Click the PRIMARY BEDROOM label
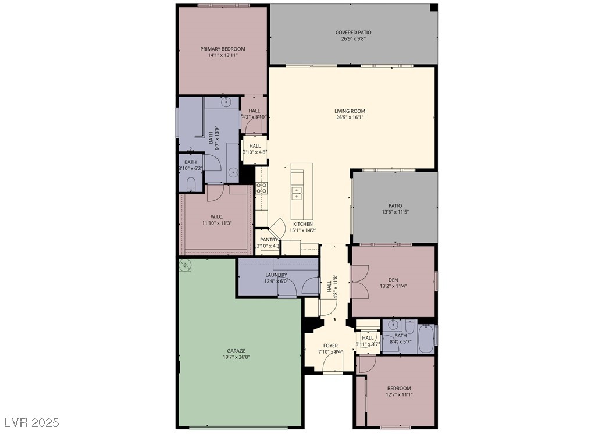(223, 49)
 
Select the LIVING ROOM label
(350, 111)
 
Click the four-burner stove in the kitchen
(262, 188)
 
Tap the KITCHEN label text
(302, 224)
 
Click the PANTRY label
(269, 240)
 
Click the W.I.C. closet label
(217, 216)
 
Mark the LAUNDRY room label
(276, 275)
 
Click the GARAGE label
(236, 351)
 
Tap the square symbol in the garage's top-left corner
(186, 265)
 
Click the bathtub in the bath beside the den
(426, 337)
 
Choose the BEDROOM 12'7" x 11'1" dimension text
(399, 395)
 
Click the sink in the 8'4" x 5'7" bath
(393, 325)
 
